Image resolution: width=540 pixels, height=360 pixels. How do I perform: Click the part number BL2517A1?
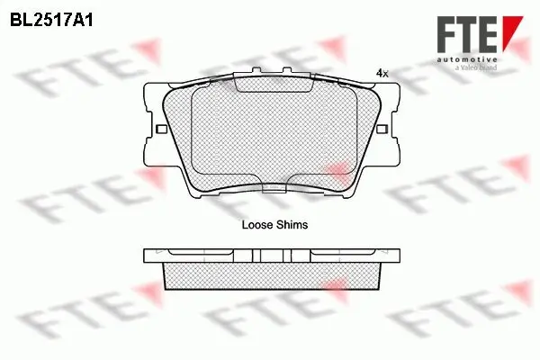[51, 21]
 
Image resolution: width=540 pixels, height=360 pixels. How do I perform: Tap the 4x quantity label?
[382, 74]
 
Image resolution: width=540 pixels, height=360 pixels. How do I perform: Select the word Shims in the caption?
[293, 225]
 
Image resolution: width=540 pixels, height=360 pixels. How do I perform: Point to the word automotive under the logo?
[467, 60]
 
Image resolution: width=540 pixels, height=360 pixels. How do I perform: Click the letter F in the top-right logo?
[447, 34]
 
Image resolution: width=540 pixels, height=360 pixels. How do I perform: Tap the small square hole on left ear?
[161, 130]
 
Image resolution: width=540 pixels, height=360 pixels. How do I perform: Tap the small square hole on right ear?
[382, 130]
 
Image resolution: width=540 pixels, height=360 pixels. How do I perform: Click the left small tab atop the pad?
[256, 70]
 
